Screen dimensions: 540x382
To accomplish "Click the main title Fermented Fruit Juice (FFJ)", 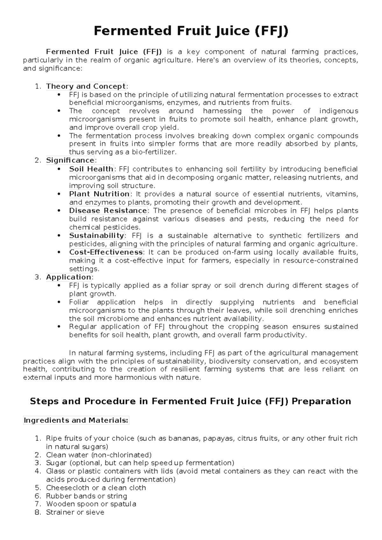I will click(x=191, y=31).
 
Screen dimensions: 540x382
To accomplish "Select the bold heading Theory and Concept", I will click(x=86, y=86).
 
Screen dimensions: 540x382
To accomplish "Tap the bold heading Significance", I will click(x=70, y=160).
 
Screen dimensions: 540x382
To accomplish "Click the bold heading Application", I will click(x=68, y=277).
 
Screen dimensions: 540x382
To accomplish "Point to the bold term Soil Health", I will click(x=91, y=169).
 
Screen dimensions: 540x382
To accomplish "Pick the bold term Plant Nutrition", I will click(x=99, y=194).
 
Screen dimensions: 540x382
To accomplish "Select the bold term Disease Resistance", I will click(x=108, y=210).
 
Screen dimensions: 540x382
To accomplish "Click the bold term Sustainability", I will click(x=96, y=236).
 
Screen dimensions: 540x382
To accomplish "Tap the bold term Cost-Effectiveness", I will click(x=106, y=252).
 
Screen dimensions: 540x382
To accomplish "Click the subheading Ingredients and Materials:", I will click(x=76, y=420).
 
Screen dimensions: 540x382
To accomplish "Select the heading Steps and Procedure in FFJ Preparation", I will click(x=190, y=401).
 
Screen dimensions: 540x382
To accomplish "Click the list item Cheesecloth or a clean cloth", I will click(x=96, y=488).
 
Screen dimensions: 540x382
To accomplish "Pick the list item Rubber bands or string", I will click(x=86, y=496).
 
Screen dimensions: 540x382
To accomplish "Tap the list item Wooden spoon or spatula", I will click(x=91, y=504).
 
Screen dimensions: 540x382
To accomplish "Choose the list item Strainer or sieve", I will click(x=75, y=512).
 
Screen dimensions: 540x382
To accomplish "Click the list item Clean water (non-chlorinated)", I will click(x=99, y=455).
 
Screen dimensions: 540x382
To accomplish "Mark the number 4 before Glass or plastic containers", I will click(x=38, y=471).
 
